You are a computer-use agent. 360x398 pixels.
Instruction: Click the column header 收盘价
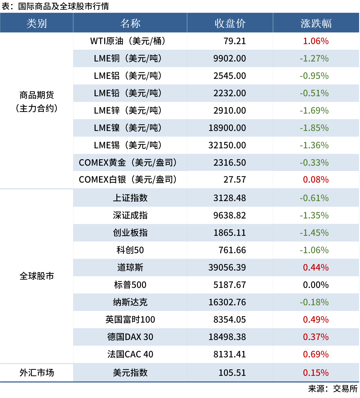(x=230, y=23)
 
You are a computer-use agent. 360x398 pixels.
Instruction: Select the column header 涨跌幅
(x=316, y=23)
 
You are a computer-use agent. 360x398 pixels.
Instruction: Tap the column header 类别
(x=36, y=23)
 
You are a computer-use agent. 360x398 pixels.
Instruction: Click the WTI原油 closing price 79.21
(x=234, y=41)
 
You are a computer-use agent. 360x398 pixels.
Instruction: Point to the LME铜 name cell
(x=128, y=58)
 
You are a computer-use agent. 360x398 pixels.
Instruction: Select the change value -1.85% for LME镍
(x=314, y=128)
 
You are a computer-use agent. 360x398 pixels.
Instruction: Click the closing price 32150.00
(x=227, y=145)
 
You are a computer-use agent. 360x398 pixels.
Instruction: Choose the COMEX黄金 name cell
(x=128, y=163)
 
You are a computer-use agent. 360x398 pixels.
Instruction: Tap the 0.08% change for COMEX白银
(x=316, y=180)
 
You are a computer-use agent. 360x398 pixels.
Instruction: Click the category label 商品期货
(x=36, y=95)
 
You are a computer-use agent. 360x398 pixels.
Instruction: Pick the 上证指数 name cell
(x=130, y=198)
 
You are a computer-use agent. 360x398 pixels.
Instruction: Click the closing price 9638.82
(x=230, y=215)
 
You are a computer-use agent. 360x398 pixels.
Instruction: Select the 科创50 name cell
(x=130, y=250)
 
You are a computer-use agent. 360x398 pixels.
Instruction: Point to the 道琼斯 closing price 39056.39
(x=227, y=268)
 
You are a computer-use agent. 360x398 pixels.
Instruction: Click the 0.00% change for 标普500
(x=316, y=285)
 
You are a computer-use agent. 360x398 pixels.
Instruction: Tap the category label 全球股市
(x=36, y=276)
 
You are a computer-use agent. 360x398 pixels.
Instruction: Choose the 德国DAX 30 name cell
(x=130, y=337)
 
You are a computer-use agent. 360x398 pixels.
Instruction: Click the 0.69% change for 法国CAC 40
(x=316, y=354)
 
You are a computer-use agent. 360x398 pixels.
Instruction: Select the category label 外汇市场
(x=36, y=373)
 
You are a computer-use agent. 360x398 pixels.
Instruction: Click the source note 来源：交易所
(x=333, y=389)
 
